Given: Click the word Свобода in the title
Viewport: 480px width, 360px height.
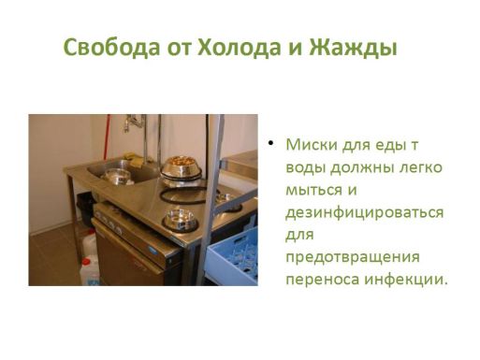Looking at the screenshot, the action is coord(111,48).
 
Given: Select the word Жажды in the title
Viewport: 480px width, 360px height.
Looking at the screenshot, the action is coord(353,48).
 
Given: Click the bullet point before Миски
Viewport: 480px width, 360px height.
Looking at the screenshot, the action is coord(270,143).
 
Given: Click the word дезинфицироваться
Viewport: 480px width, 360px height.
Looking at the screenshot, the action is coord(364,213).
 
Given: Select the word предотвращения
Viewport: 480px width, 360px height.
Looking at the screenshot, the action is coord(353,258).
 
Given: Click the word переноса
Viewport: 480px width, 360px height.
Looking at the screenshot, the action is coord(323,281).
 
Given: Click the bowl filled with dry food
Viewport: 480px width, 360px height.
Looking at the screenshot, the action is coord(182,167).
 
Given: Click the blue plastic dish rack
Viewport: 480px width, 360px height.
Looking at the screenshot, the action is coord(233,258).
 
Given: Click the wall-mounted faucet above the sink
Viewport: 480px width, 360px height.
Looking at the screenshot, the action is coord(134,122).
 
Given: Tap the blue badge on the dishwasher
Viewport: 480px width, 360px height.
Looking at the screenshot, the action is coord(153,250).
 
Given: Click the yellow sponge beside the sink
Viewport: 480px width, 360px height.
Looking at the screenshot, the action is coord(135,159).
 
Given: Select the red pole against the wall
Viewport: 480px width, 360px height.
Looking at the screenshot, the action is coord(108,137).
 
